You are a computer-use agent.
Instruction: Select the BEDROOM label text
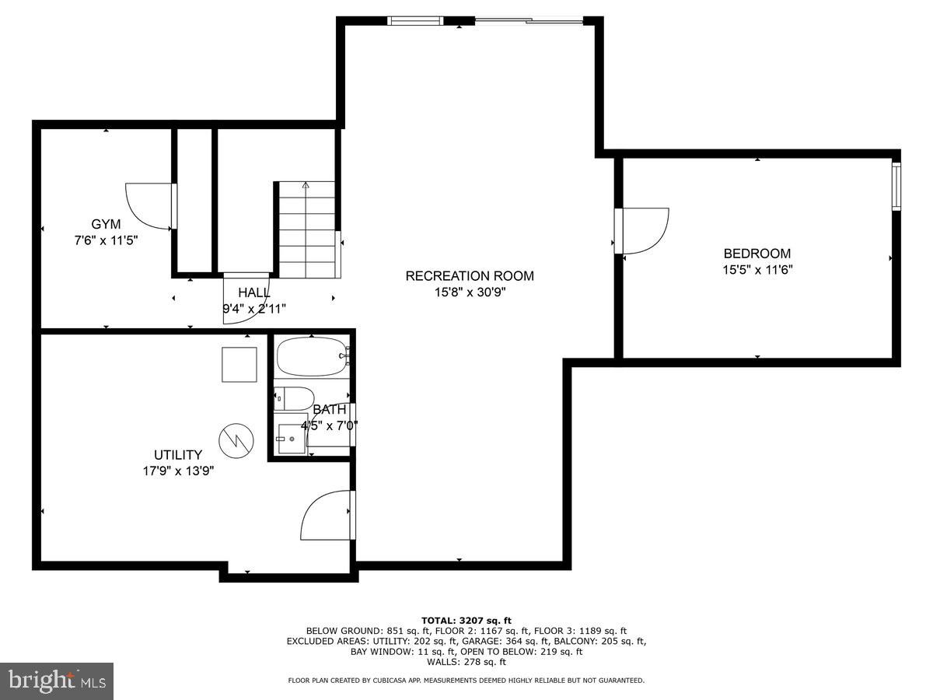point(757,254)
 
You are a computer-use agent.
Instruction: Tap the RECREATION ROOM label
point(470,276)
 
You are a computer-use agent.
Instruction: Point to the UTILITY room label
point(177,455)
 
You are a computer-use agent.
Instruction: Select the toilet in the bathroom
point(294,398)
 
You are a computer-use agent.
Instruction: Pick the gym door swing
point(150,206)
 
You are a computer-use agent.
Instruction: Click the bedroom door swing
point(644,230)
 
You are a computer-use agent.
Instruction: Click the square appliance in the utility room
point(239,365)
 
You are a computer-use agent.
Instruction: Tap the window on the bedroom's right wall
point(896,187)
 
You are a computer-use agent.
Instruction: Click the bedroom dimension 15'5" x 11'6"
point(757,270)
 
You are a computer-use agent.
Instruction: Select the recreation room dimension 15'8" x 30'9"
point(470,292)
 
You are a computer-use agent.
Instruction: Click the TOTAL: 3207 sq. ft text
point(466,620)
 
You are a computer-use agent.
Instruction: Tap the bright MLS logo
point(57,681)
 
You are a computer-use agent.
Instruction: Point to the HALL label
point(254,292)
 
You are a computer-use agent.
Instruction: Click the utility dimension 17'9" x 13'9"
point(177,471)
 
